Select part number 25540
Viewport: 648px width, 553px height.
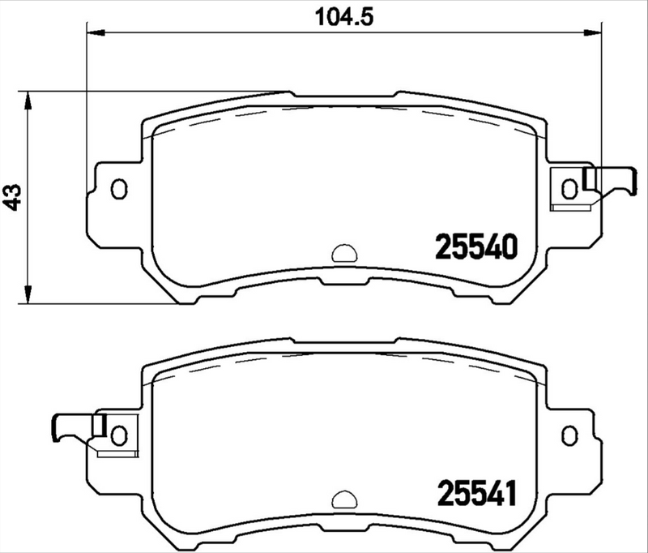point(476,246)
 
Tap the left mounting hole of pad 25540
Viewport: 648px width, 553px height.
point(119,189)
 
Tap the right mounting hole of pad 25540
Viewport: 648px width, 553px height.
point(569,189)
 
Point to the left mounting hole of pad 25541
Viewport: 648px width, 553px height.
point(119,435)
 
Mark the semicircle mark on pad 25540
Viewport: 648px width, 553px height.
point(344,253)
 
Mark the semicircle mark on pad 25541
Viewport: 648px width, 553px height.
point(344,499)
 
